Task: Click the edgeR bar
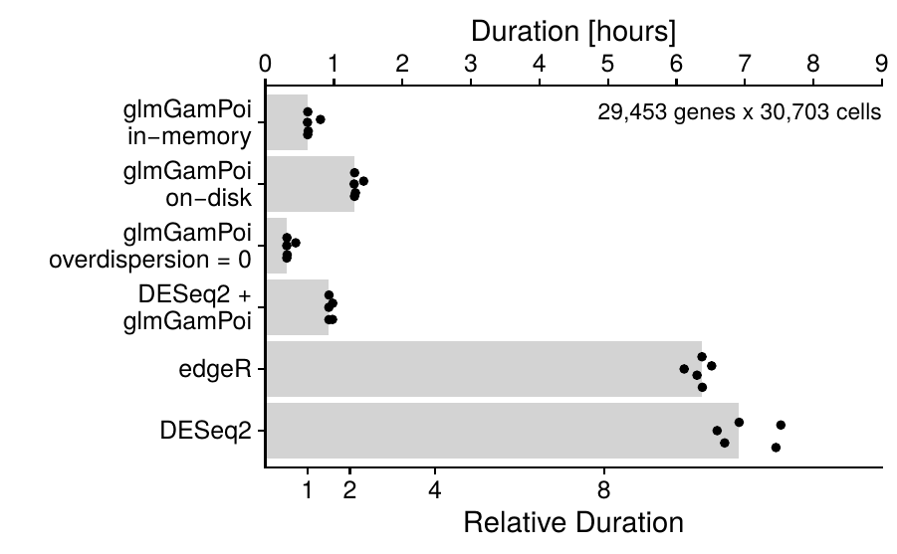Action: pos(484,369)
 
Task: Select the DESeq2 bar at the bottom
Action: pos(502,431)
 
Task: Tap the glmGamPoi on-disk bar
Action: pos(311,184)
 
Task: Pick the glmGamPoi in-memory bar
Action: pos(287,122)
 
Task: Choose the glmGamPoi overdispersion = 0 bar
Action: pos(276,246)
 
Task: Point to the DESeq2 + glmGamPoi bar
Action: pos(298,307)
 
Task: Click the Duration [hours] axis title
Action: pos(573,31)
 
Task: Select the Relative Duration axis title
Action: pos(573,522)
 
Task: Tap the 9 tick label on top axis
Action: pos(881,61)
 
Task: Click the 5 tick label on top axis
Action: pos(607,61)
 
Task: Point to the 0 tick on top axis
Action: pos(265,61)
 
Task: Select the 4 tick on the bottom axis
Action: pos(435,489)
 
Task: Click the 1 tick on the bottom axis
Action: pos(308,489)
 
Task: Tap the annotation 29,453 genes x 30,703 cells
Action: pos(739,112)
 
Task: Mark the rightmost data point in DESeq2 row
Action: pos(781,425)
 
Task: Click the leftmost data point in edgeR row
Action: pos(684,369)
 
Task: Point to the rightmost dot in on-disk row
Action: pos(363,181)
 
